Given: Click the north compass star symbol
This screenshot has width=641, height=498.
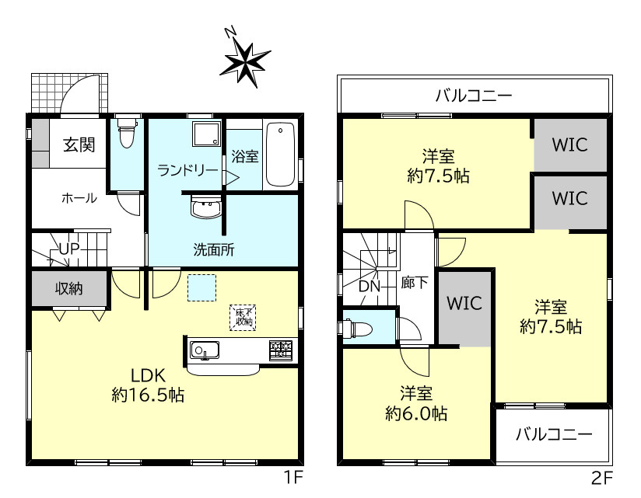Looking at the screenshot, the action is [x=245, y=64].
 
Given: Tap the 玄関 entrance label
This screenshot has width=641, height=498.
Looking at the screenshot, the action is [x=79, y=145].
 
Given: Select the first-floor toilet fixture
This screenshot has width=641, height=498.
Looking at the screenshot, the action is [x=126, y=133].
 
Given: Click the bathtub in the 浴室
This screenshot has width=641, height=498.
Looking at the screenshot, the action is [x=280, y=155].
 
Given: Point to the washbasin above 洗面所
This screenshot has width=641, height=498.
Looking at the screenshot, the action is [x=206, y=207].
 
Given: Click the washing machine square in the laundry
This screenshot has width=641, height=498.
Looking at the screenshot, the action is [x=206, y=134].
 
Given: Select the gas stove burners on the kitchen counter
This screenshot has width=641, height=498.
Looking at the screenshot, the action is [x=280, y=350].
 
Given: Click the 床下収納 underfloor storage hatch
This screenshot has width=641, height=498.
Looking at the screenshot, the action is [x=243, y=317].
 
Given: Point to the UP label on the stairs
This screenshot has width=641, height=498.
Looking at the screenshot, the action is [x=68, y=249].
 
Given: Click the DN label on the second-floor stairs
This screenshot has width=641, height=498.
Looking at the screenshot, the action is [x=370, y=287].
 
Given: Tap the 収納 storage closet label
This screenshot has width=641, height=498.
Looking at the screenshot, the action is [x=68, y=288].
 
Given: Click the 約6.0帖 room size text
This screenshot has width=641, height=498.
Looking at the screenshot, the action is [x=416, y=414].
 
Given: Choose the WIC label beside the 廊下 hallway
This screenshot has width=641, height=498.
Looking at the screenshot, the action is [x=464, y=303].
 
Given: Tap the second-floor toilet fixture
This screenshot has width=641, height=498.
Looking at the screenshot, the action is [x=357, y=329].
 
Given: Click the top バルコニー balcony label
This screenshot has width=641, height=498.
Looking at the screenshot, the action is [x=474, y=96].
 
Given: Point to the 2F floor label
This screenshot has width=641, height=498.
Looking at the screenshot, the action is [x=602, y=478].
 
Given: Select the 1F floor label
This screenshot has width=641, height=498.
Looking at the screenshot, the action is [x=292, y=477].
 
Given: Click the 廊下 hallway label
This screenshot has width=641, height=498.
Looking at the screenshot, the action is [x=415, y=283].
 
